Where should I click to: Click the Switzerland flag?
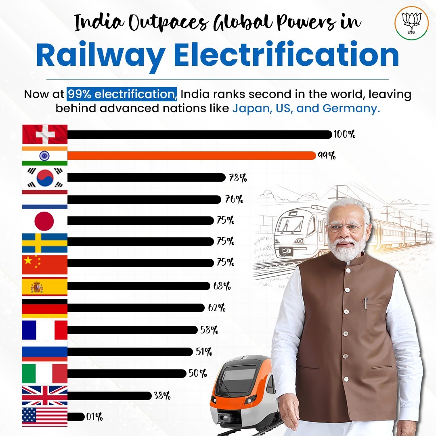(x=44, y=134)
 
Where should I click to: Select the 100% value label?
(x=344, y=134)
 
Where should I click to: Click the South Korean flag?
(x=44, y=178)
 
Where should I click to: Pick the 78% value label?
(x=238, y=178)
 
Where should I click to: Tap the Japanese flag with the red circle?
(x=44, y=220)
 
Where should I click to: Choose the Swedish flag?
(x=44, y=242)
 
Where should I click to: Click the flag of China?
(x=44, y=264)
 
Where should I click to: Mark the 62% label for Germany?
(x=217, y=308)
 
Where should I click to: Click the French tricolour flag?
(x=44, y=330)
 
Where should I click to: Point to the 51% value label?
(x=204, y=352)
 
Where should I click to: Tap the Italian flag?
(x=44, y=373)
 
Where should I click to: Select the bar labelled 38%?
(x=109, y=396)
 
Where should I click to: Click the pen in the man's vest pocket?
(x=365, y=304)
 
